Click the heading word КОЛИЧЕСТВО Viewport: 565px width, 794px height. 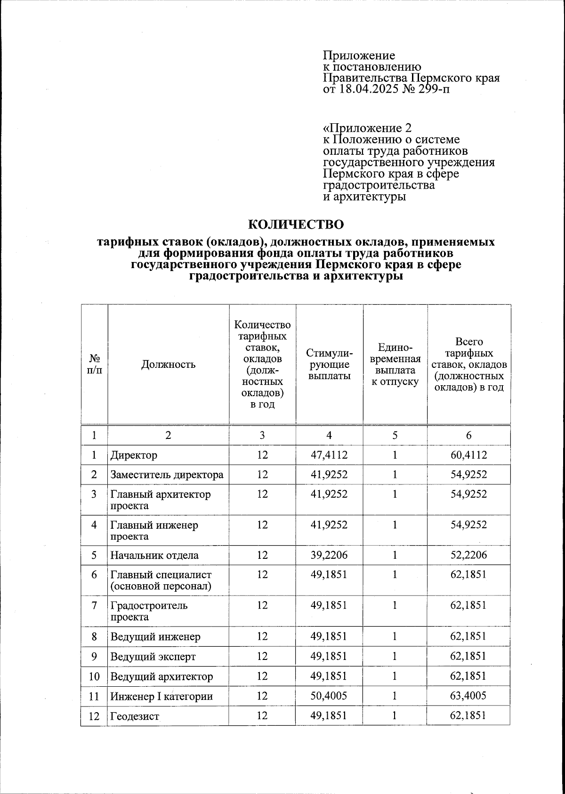(x=296, y=223)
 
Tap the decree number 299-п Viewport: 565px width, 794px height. (x=433, y=89)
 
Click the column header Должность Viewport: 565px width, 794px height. (x=168, y=364)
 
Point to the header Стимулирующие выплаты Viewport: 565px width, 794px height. (x=329, y=364)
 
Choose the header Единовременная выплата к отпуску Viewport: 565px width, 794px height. (x=395, y=364)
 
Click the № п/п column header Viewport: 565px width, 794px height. (x=94, y=364)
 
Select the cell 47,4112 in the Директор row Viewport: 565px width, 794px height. (x=329, y=455)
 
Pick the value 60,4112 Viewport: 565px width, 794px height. (x=468, y=455)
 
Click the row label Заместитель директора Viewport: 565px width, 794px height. (x=167, y=475)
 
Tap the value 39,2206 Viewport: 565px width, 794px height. (x=329, y=555)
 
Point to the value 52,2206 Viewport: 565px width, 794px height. (x=468, y=555)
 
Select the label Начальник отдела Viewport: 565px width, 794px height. (x=154, y=555)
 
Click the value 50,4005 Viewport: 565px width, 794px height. (x=329, y=696)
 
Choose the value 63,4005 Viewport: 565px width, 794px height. (x=468, y=696)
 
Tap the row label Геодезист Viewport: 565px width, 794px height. (x=135, y=716)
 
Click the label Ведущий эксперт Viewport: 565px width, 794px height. (x=153, y=656)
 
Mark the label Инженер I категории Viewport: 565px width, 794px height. (x=161, y=696)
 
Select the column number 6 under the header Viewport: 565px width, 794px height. (x=468, y=436)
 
